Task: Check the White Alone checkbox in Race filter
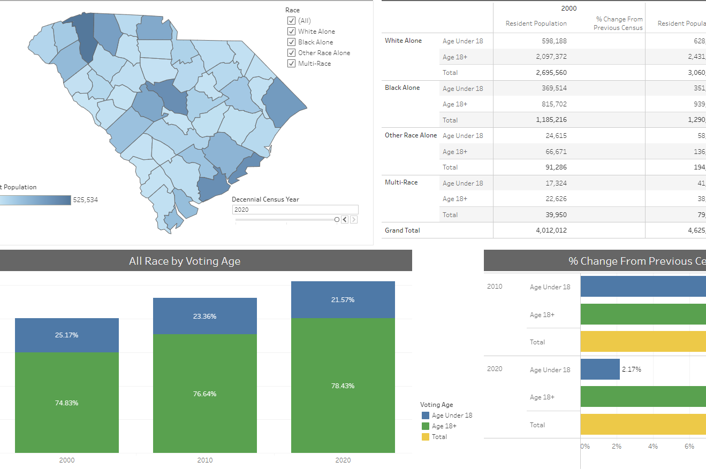(292, 32)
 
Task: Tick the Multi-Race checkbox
(292, 64)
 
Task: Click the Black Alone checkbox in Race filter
(292, 42)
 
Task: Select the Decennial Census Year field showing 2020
(295, 210)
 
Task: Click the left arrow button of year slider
(345, 219)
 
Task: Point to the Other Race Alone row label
(411, 135)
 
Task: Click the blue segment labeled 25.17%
(67, 335)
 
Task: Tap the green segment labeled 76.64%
(204, 394)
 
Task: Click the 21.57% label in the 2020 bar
(343, 300)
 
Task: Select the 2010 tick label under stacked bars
(204, 460)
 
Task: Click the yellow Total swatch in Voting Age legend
(426, 437)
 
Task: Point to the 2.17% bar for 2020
(599, 369)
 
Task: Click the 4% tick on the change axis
(652, 446)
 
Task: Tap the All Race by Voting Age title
(185, 261)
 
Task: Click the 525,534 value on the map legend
(86, 200)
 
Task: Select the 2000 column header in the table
(568, 9)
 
